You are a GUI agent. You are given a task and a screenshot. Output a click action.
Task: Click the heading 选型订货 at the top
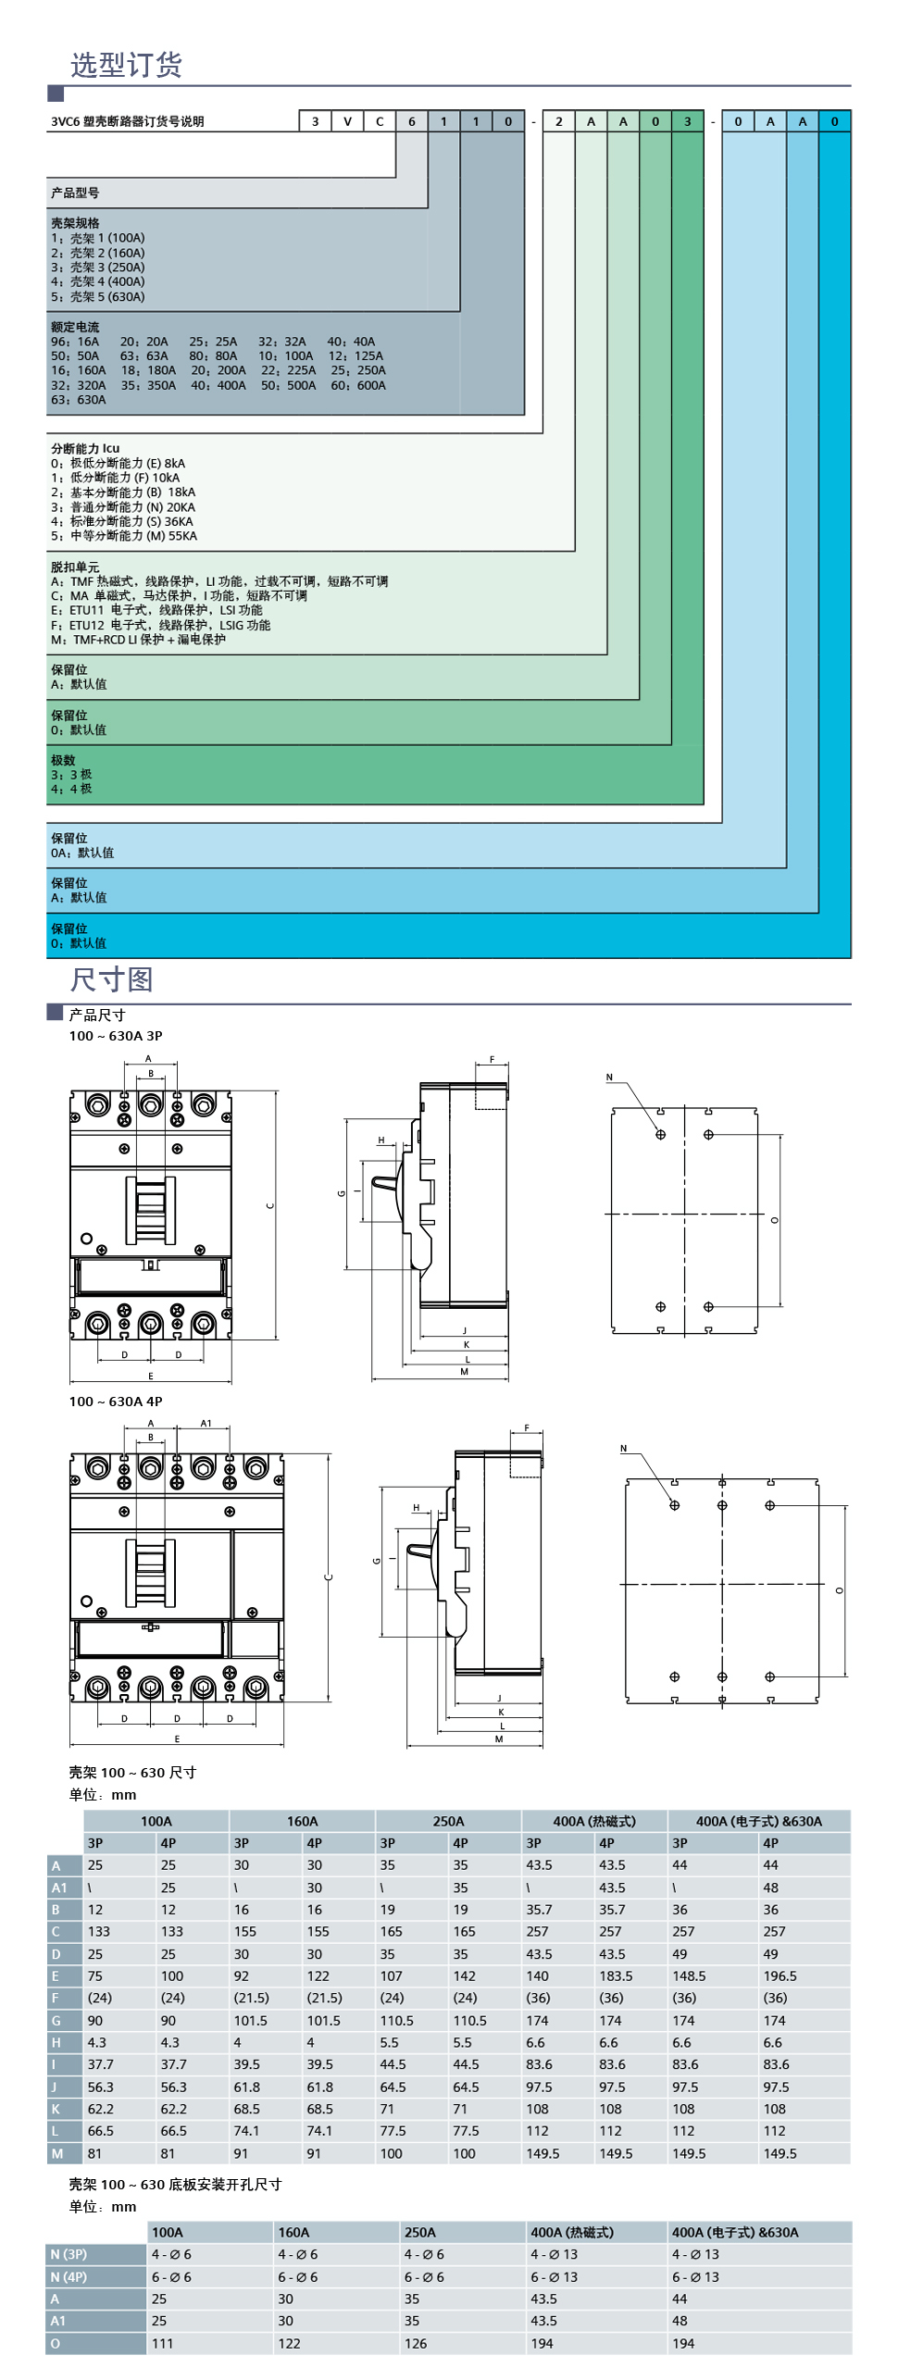(x=126, y=64)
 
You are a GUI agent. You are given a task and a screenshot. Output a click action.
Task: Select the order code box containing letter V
(x=347, y=121)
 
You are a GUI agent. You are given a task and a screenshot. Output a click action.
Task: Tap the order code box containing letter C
(x=380, y=121)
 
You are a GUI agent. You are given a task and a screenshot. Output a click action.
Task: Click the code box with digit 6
(x=412, y=121)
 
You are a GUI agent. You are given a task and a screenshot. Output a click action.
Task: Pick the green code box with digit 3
(x=687, y=121)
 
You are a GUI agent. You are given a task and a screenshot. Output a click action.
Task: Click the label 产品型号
(x=75, y=193)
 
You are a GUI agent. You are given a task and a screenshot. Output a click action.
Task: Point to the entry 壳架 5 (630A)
(x=98, y=297)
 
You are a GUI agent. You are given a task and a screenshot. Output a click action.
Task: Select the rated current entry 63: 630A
(x=79, y=400)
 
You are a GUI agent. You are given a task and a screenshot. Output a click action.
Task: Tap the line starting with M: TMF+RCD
(x=138, y=640)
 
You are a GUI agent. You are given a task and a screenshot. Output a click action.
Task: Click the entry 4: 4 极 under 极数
(x=71, y=789)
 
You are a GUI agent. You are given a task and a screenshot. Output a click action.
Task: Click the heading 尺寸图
(x=111, y=979)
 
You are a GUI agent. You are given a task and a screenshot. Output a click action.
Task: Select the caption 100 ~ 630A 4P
(x=115, y=1401)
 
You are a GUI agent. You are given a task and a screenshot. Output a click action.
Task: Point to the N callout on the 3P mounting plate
(x=609, y=1077)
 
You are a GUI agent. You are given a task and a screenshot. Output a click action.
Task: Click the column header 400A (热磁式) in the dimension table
(x=593, y=1821)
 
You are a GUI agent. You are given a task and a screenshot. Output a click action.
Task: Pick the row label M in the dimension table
(x=57, y=2153)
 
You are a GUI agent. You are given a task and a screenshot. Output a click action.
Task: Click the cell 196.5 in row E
(x=780, y=1975)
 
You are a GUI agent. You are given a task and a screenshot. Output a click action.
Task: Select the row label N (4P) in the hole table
(x=69, y=2276)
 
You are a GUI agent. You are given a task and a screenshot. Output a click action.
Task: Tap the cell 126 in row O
(x=416, y=2343)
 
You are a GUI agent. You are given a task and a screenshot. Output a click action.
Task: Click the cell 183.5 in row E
(x=616, y=1975)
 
